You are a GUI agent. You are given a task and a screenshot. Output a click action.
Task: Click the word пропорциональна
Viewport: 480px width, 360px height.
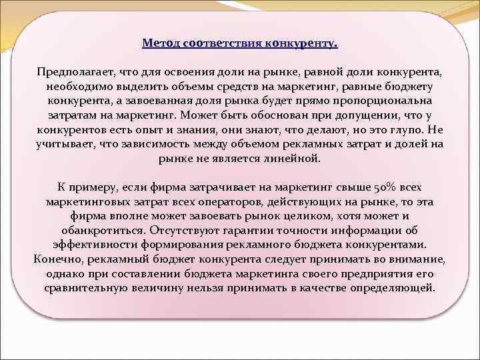tap(382, 101)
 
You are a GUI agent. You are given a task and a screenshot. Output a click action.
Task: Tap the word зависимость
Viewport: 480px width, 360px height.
tap(178, 145)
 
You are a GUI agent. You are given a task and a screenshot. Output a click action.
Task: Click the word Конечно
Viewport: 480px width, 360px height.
tap(55, 260)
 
